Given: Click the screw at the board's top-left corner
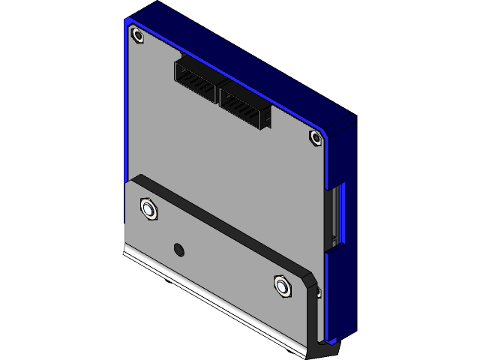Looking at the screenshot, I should [137, 35].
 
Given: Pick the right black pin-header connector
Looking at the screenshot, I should [244, 104].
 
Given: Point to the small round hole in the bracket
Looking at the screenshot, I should [178, 249].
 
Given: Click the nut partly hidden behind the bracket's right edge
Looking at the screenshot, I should [318, 291].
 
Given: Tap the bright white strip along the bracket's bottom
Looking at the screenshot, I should [217, 297].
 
